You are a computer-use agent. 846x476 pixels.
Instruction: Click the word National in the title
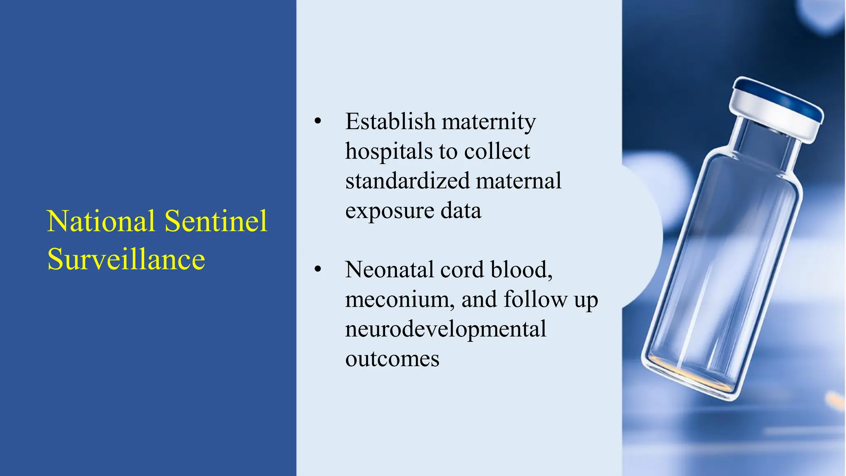pyautogui.click(x=101, y=221)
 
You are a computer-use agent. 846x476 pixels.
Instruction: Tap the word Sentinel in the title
pyautogui.click(x=216, y=221)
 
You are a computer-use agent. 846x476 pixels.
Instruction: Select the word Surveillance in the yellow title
pyautogui.click(x=126, y=259)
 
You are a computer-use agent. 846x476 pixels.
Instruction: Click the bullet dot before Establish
pyautogui.click(x=317, y=121)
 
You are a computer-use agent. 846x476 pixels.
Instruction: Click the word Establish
pyautogui.click(x=390, y=121)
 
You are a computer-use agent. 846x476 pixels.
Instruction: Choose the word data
pyautogui.click(x=461, y=211)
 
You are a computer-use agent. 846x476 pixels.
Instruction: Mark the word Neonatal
pyautogui.click(x=389, y=270)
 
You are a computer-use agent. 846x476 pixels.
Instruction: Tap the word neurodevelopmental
pyautogui.click(x=445, y=329)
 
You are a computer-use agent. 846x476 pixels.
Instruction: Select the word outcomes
pyautogui.click(x=392, y=359)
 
